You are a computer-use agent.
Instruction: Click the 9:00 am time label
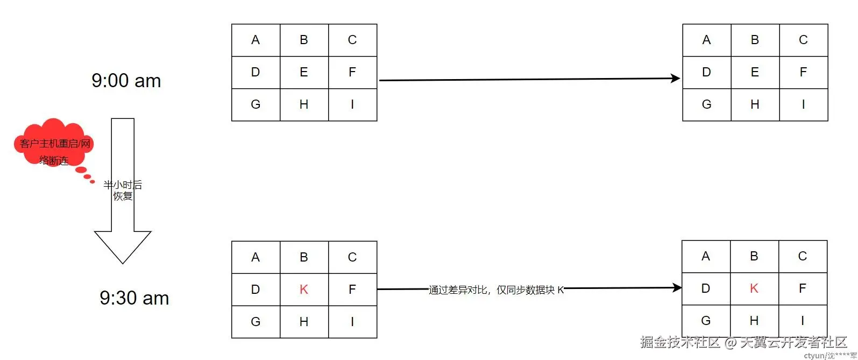(126, 81)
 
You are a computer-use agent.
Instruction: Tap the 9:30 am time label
(134, 298)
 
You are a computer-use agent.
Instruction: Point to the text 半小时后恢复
(123, 190)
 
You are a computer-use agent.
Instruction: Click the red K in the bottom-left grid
(304, 290)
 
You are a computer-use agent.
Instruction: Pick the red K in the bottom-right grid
(754, 288)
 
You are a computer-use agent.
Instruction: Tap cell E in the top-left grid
(304, 72)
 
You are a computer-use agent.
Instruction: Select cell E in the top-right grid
(755, 72)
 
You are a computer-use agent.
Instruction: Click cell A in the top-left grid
(256, 40)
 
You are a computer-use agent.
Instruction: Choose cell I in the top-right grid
(803, 104)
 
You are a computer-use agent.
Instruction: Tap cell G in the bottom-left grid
(256, 322)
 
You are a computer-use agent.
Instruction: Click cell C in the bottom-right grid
(803, 256)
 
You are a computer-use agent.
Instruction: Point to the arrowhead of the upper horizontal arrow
(676, 79)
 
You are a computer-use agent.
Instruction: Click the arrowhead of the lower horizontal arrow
(677, 288)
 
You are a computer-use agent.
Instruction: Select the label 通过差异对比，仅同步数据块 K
(497, 290)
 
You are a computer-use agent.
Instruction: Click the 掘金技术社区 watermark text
(680, 342)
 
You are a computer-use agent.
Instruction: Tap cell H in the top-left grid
(304, 104)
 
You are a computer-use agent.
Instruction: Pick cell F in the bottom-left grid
(352, 290)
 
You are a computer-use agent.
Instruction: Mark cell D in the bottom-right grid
(706, 288)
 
